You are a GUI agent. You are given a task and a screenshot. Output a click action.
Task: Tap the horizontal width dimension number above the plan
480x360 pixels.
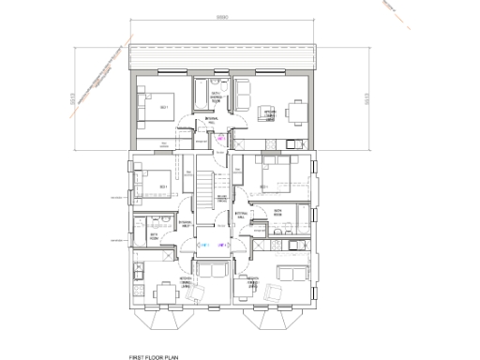click(x=221, y=19)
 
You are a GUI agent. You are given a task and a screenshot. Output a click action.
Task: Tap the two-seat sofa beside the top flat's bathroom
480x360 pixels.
click(x=243, y=95)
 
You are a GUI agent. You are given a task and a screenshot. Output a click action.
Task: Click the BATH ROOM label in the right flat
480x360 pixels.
click(x=277, y=213)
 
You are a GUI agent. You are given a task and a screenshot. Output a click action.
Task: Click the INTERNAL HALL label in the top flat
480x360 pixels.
click(x=212, y=117)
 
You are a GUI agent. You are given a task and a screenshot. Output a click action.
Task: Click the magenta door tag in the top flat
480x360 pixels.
click(x=221, y=138)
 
